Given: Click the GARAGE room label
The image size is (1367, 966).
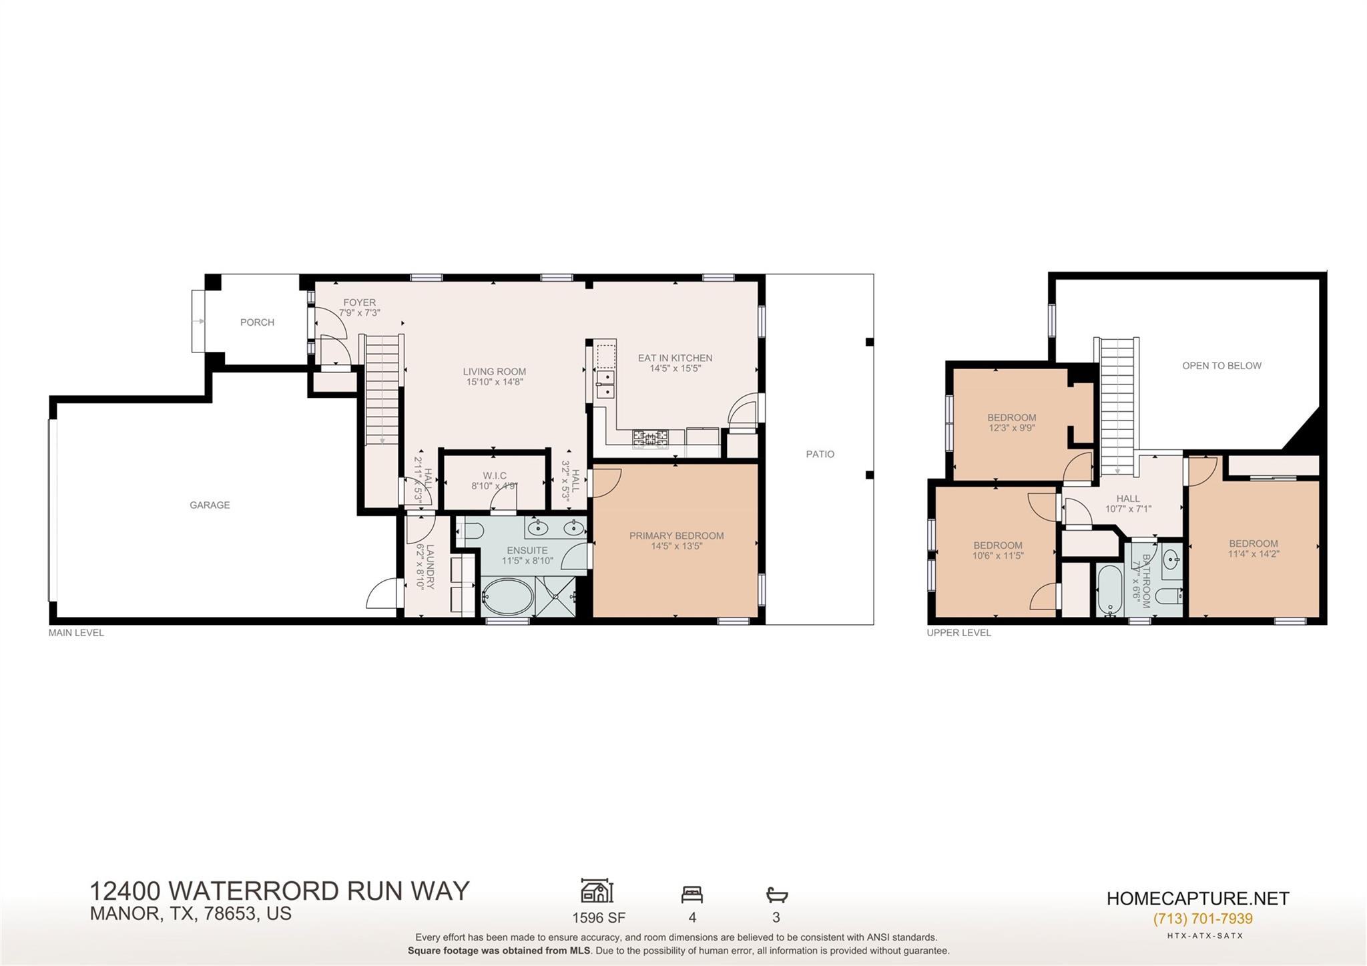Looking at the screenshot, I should coord(210,505).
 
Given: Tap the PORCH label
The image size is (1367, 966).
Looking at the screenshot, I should coord(257,322).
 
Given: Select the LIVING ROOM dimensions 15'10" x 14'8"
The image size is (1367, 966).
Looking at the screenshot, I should coord(495,383).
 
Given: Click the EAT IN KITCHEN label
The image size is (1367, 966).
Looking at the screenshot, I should coord(675,358).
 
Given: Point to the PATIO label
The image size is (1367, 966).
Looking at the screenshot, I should coord(820,454).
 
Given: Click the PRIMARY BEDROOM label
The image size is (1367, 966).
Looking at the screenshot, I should coord(676,535).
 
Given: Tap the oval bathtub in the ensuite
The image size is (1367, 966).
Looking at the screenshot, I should coord(507,596).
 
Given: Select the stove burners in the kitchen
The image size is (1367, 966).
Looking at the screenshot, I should coord(650,438).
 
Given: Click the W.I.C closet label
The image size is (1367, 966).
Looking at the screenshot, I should coord(495,475).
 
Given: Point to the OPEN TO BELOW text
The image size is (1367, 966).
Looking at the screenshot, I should coord(1221,366).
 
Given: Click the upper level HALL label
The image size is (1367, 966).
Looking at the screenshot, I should coord(1128,499).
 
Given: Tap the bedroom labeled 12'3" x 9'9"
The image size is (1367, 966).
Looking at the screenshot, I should coord(1012,423).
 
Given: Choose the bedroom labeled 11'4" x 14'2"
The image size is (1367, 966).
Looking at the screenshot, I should coord(1253,548).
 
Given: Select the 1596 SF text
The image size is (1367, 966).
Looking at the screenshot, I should coord(599,918).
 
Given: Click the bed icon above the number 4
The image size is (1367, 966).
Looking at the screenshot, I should coord(692,894).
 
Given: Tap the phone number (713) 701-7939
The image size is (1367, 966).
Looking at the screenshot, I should coord(1203,919).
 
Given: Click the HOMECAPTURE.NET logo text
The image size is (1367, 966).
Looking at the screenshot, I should coord(1197,899).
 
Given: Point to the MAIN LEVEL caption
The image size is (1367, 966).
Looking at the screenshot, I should coord(76,633).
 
